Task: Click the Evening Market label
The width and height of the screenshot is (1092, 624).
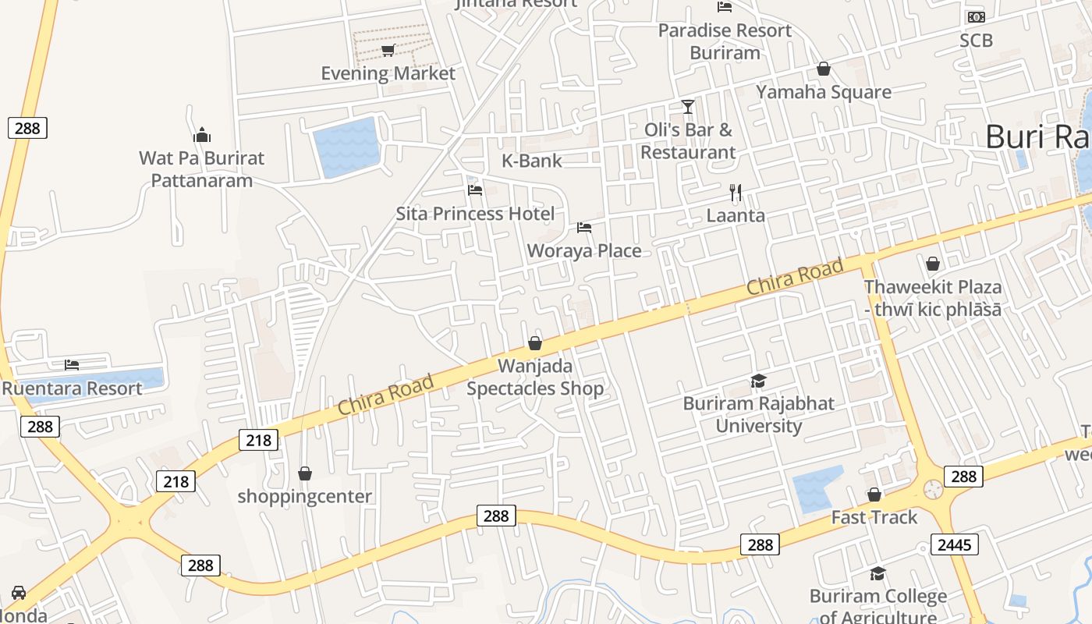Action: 388,73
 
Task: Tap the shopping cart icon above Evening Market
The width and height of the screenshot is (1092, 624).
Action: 388,51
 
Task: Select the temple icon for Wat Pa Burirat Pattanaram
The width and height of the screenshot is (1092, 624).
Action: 202,135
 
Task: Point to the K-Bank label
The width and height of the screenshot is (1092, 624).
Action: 532,161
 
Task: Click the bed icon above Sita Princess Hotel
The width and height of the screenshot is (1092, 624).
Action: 474,190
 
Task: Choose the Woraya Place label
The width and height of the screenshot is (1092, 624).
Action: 584,250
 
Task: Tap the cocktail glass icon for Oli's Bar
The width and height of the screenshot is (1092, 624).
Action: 687,107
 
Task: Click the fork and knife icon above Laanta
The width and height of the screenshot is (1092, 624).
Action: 735,192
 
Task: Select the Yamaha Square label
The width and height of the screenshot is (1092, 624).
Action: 824,92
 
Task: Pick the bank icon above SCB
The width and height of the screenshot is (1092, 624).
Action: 976,17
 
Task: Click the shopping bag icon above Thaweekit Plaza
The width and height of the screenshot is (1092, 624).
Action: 932,264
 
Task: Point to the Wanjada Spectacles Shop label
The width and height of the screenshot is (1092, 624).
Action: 535,377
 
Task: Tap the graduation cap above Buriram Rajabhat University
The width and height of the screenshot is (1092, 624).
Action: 758,381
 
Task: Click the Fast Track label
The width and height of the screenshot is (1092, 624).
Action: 874,517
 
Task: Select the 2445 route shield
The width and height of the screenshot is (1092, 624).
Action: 954,544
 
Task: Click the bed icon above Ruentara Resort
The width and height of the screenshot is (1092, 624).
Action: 72,364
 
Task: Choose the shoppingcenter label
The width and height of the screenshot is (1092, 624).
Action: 305,496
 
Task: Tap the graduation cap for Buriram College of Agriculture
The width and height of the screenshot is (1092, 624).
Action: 877,574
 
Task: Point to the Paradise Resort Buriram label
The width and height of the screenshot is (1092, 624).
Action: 725,41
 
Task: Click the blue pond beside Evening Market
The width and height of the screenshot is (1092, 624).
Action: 346,147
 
